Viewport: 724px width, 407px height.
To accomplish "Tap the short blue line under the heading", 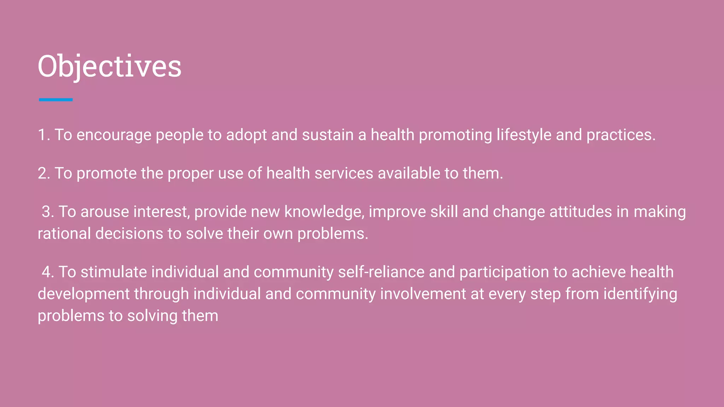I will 56,100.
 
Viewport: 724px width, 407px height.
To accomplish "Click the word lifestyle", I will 524,135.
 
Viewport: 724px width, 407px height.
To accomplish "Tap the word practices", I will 621,135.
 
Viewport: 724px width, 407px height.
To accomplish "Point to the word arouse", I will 105,212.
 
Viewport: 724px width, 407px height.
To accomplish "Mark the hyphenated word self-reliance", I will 381,272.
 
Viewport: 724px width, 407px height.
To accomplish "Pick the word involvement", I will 423,294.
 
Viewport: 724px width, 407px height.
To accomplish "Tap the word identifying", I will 640,294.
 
